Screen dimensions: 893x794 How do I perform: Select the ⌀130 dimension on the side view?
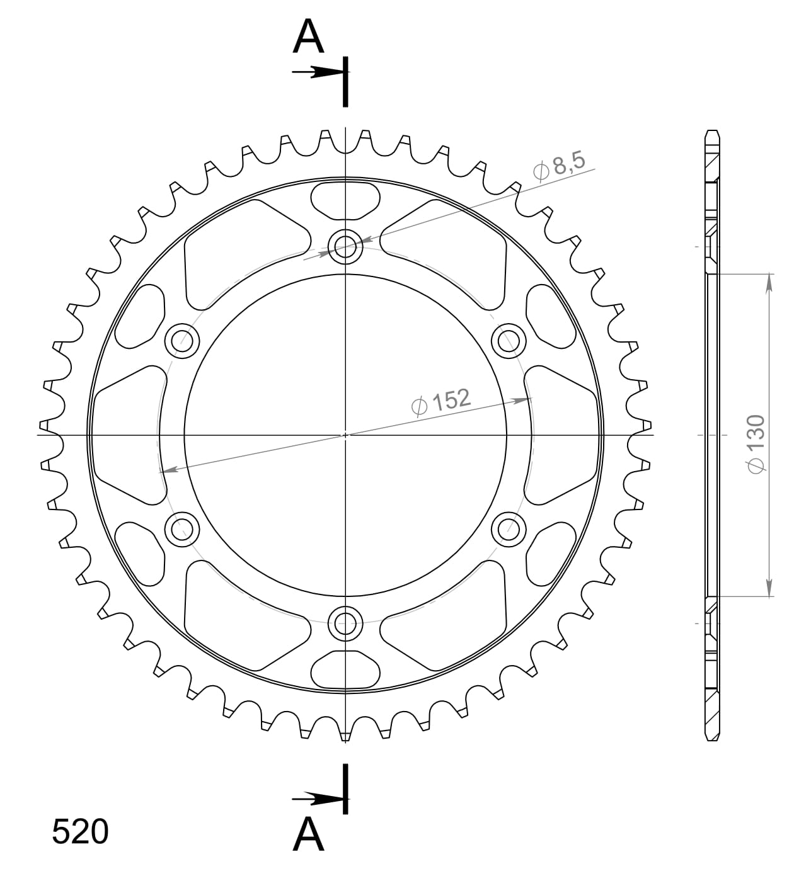click(755, 443)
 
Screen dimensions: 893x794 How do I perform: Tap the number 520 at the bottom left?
click(80, 832)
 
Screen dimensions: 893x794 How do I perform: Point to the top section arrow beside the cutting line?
click(318, 72)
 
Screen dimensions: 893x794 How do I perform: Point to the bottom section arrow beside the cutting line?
click(318, 799)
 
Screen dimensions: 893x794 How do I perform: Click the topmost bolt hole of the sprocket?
click(345, 246)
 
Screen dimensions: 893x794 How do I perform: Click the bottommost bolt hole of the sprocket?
click(345, 623)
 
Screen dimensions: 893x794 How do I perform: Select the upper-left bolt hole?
click(181, 341)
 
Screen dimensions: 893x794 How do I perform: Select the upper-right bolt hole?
click(509, 341)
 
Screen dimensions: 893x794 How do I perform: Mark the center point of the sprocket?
click(345, 435)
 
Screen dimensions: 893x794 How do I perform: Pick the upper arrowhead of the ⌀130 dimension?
click(769, 283)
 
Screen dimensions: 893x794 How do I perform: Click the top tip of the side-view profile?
click(711, 131)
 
